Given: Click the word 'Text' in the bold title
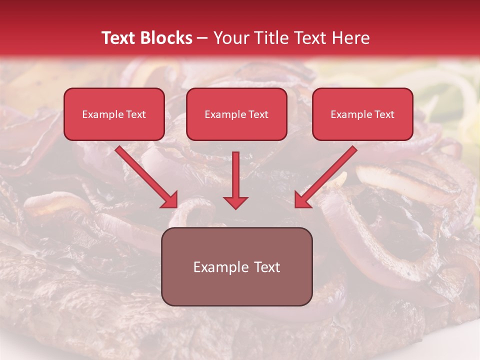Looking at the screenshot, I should (x=119, y=38).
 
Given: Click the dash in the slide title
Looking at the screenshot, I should (x=202, y=39).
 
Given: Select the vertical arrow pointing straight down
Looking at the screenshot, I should (x=235, y=175).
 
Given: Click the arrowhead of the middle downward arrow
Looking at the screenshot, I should (x=235, y=202).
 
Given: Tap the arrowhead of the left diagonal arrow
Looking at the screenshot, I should (x=170, y=200).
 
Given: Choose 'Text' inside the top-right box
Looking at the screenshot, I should (x=384, y=114).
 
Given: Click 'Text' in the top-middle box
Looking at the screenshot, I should (x=258, y=114).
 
